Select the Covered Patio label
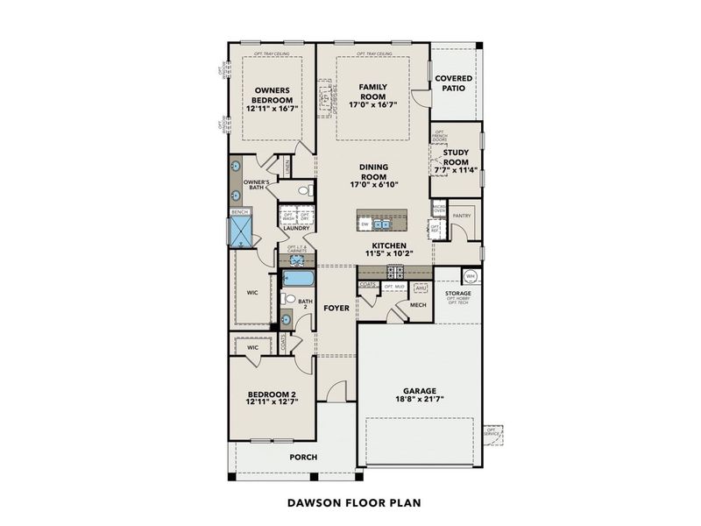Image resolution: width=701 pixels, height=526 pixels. [454, 83]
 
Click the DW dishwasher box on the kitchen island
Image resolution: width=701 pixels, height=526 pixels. [365, 224]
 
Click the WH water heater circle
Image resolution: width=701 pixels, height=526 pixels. [471, 276]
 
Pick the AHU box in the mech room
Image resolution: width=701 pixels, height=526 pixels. [420, 287]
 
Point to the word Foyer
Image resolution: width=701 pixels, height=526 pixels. [336, 309]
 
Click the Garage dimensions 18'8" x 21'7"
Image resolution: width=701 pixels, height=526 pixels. [421, 401]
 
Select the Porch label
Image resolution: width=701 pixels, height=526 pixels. [303, 457]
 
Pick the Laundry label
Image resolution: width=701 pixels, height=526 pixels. [296, 229]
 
